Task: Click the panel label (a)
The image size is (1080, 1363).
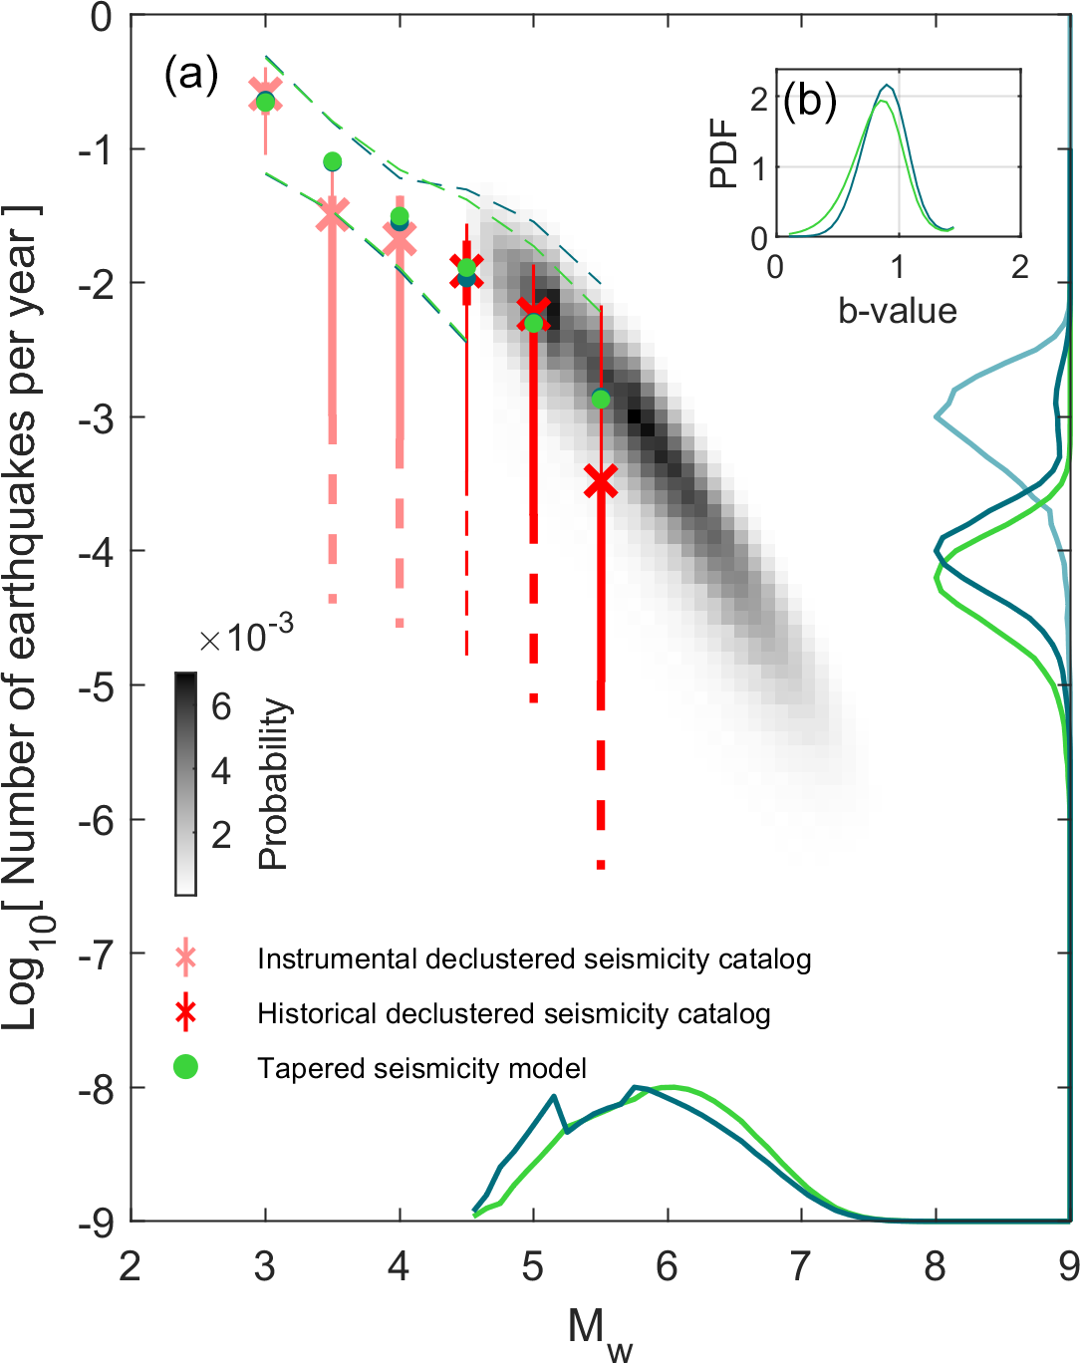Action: click(x=191, y=75)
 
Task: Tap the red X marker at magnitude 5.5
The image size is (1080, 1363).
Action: click(x=601, y=481)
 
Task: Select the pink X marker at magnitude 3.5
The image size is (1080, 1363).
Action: click(x=333, y=213)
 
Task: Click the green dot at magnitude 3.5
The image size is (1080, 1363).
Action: click(x=333, y=161)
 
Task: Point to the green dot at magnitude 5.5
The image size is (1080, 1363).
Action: click(x=601, y=400)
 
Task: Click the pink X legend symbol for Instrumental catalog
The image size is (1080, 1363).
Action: click(x=185, y=958)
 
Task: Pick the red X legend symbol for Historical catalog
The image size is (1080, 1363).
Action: click(x=185, y=1013)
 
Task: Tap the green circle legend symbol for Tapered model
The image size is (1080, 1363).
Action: click(x=185, y=1067)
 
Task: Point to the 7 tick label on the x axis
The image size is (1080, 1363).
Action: click(x=801, y=1266)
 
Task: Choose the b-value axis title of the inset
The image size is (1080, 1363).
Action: click(x=897, y=311)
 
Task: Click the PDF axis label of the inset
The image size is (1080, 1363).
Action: click(x=724, y=153)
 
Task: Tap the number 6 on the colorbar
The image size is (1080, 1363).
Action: click(x=221, y=706)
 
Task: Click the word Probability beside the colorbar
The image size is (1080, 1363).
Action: click(x=273, y=784)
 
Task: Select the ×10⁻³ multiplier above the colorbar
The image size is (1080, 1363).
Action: click(x=246, y=635)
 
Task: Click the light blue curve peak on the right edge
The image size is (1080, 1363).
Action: click(x=939, y=415)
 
